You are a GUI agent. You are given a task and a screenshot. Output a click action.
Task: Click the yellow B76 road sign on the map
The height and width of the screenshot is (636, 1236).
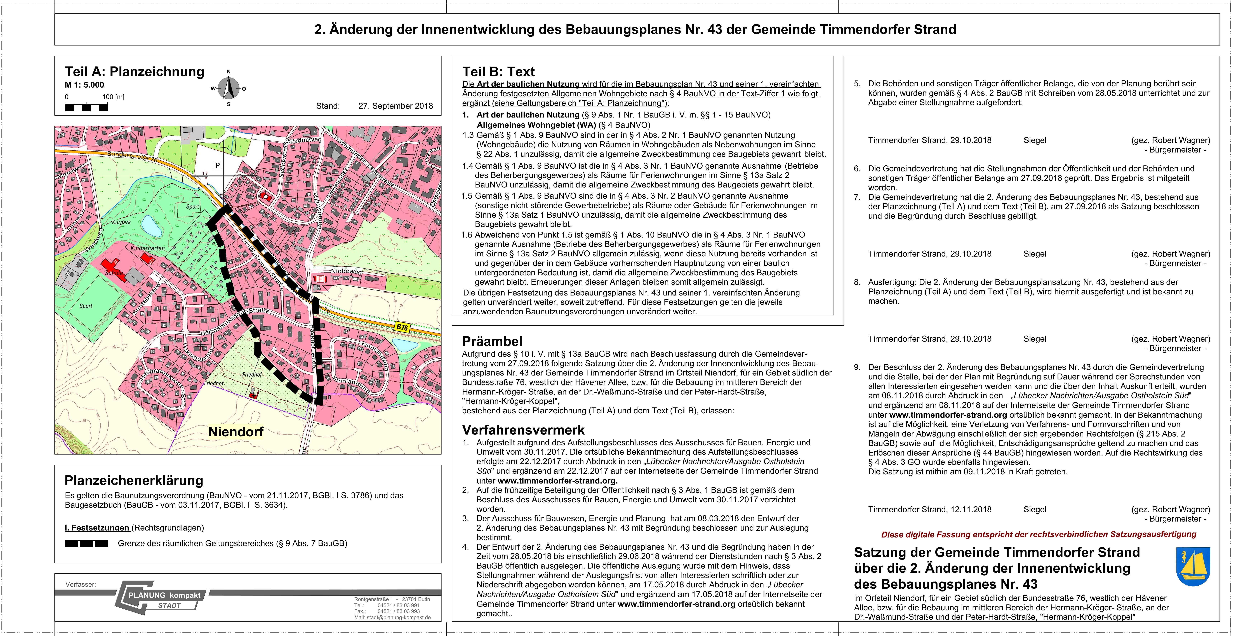[x=402, y=327]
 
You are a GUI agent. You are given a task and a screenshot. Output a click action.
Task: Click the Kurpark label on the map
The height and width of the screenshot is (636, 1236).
[x=121, y=222]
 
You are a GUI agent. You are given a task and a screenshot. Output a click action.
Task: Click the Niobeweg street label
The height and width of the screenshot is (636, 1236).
[x=346, y=271]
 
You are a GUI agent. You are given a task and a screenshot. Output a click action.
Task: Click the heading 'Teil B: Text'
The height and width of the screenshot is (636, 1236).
[x=498, y=72]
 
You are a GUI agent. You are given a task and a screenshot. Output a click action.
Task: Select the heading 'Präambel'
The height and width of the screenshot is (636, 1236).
[x=492, y=341]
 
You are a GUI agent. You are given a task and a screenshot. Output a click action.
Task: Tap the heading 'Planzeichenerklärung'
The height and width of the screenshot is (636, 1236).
[x=134, y=480]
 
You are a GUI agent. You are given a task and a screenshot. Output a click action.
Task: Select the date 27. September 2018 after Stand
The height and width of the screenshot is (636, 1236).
[x=395, y=106]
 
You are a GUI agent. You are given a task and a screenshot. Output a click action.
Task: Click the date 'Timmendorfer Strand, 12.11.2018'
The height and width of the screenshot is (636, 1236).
[x=929, y=509]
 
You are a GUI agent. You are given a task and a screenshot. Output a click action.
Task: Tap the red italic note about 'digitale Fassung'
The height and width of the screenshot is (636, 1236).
[x=1038, y=534]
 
